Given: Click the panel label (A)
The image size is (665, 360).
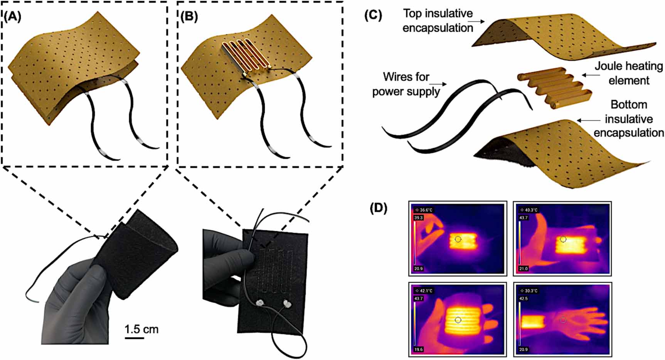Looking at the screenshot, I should click(13, 17).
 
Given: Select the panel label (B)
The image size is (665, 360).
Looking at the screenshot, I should click(189, 17).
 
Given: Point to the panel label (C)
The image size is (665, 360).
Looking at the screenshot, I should click(373, 15).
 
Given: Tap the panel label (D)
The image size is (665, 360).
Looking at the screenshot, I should click(379, 208).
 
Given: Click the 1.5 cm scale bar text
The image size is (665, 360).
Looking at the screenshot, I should click(141, 330).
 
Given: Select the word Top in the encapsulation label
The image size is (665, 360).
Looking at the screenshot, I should click(412, 13).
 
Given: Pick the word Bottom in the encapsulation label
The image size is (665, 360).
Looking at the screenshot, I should click(629, 105).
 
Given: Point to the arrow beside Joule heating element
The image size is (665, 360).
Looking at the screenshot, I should click(588, 75).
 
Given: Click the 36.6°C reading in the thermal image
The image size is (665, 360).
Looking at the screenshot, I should click(426, 210).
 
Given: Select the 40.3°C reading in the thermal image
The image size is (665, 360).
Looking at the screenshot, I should click(530, 210).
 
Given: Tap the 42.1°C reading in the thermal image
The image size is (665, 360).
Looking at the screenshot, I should click(425, 291).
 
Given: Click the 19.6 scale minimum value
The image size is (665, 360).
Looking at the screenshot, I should click(418, 349).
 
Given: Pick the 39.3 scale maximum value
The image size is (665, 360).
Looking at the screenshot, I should click(418, 218).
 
